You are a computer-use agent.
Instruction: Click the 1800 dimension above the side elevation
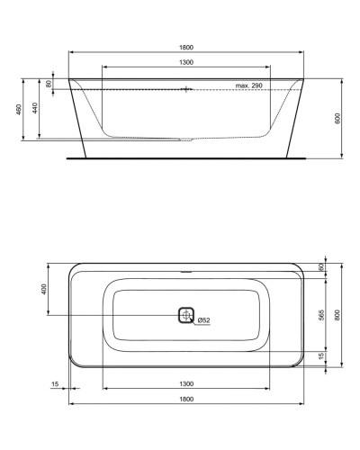click(186, 47)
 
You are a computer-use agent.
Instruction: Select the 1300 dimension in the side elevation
click(186, 62)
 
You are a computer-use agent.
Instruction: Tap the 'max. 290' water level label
click(248, 85)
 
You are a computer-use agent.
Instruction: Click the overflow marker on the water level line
click(186, 89)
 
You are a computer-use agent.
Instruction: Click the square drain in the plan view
click(186, 315)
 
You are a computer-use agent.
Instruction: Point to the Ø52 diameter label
click(204, 319)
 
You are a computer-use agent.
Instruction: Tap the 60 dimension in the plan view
click(321, 267)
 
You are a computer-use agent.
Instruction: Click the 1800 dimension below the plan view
click(186, 398)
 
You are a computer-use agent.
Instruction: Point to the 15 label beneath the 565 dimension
click(321, 357)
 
